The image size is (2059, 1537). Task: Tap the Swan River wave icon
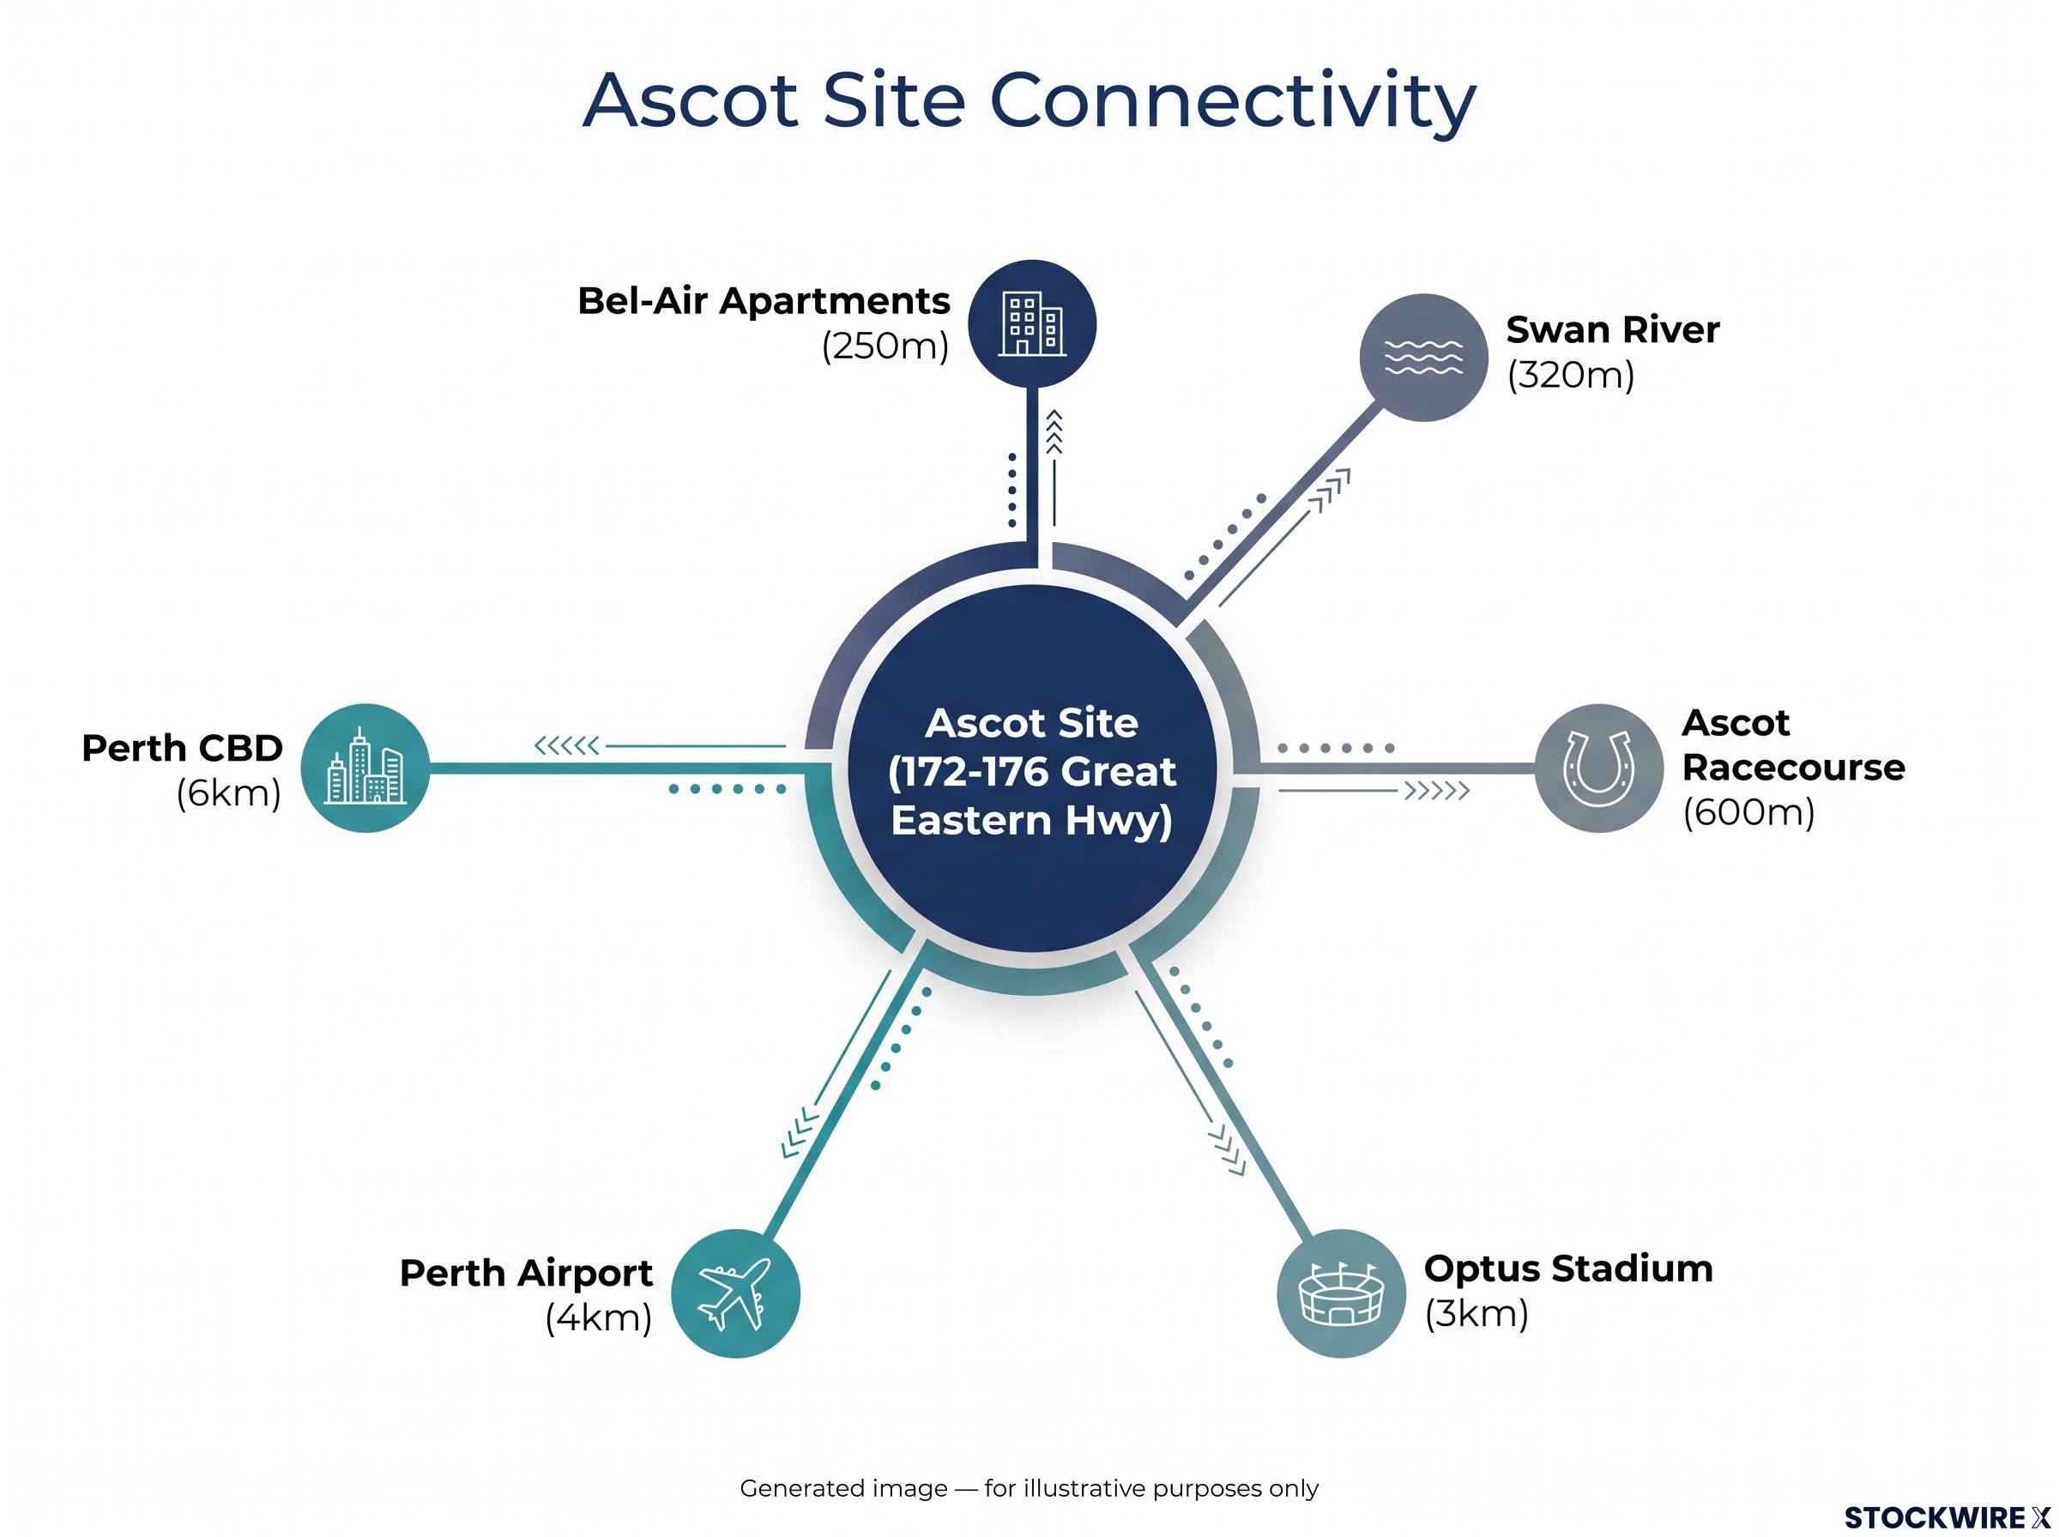1423,358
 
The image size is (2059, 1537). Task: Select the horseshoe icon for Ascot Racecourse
1598,768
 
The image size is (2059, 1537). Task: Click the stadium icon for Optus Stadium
1341,1293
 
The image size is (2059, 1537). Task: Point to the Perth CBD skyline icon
365,768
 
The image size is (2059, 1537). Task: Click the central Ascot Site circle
1032,768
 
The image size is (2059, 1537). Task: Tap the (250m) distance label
885,347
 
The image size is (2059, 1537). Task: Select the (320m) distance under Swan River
1571,375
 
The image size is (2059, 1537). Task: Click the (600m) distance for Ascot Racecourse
1748,812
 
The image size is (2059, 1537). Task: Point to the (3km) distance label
1476,1314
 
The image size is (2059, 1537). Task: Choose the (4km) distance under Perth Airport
598,1318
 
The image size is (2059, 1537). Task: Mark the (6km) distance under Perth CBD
229,793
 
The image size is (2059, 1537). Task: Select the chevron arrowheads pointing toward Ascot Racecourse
1436,791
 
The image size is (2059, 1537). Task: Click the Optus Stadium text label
1567,1269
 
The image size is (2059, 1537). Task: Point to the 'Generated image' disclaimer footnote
1029,1489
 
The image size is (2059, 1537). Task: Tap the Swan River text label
1612,329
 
